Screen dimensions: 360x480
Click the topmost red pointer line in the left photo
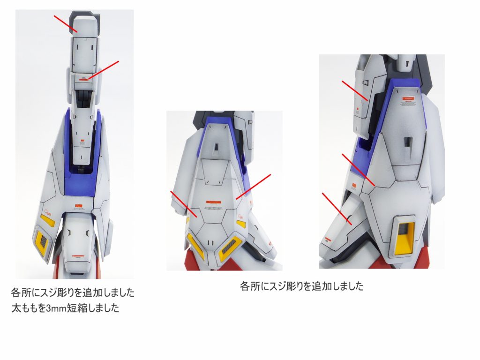66,24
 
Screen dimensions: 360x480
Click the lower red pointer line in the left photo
103,69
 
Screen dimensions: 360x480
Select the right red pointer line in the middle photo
254,187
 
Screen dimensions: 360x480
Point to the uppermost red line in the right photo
355,90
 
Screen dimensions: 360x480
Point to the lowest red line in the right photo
336,207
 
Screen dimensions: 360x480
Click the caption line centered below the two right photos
301,286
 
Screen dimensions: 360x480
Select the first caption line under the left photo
73,293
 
